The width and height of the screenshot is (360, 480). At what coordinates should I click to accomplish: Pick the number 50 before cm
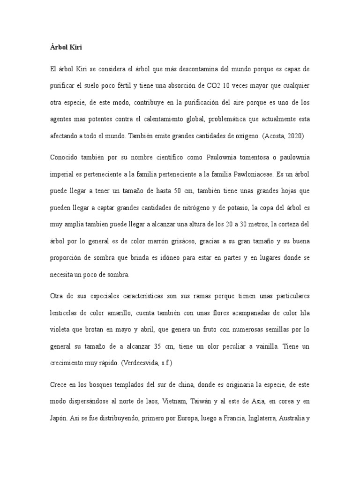[x=178, y=191]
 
